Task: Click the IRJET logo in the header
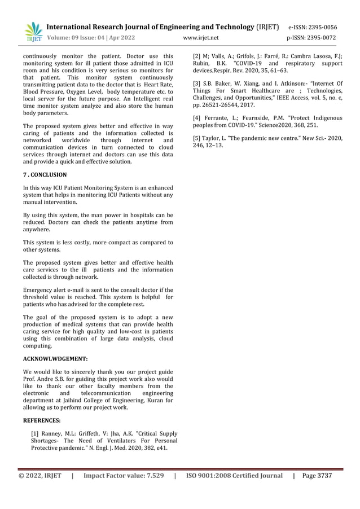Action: (x=33, y=32)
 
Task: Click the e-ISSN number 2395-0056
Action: (x=320, y=27)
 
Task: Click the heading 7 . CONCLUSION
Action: (x=45, y=175)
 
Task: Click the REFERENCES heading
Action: (x=43, y=420)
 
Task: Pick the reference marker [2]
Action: (x=197, y=56)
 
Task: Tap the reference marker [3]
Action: (x=197, y=84)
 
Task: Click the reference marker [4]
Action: (x=197, y=117)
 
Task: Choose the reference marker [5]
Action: (x=197, y=138)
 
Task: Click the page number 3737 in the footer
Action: (x=324, y=476)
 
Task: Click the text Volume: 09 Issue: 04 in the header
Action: (x=79, y=38)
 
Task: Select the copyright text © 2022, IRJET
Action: (x=42, y=476)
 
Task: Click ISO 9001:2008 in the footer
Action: (x=208, y=476)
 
